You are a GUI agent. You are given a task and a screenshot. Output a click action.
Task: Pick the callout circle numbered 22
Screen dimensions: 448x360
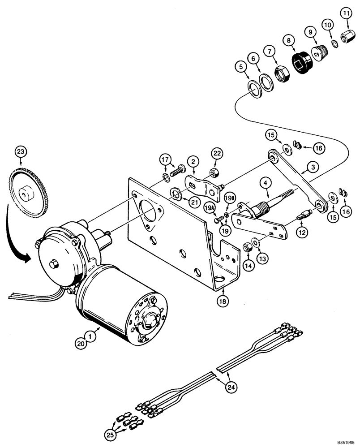(x=217, y=154)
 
